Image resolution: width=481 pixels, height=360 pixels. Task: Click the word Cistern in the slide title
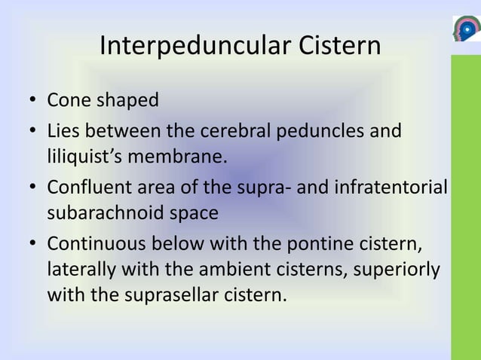(x=332, y=47)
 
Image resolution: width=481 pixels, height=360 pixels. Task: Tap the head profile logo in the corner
(x=465, y=29)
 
